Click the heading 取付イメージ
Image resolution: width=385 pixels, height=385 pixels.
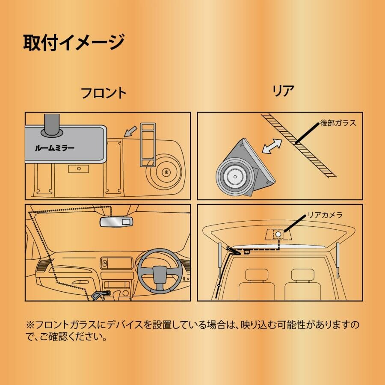click(73, 42)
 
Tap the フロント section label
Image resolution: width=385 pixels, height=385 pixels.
click(104, 93)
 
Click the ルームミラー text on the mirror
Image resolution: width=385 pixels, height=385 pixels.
click(54, 148)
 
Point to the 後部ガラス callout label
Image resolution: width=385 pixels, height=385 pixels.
click(338, 123)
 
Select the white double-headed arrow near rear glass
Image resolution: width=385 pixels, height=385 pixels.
click(272, 146)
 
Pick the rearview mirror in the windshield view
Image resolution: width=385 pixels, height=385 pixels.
click(115, 221)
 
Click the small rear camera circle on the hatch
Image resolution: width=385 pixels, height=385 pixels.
click(278, 234)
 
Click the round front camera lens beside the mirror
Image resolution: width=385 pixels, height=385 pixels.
click(165, 172)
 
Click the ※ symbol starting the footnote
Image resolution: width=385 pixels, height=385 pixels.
click(30, 325)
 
